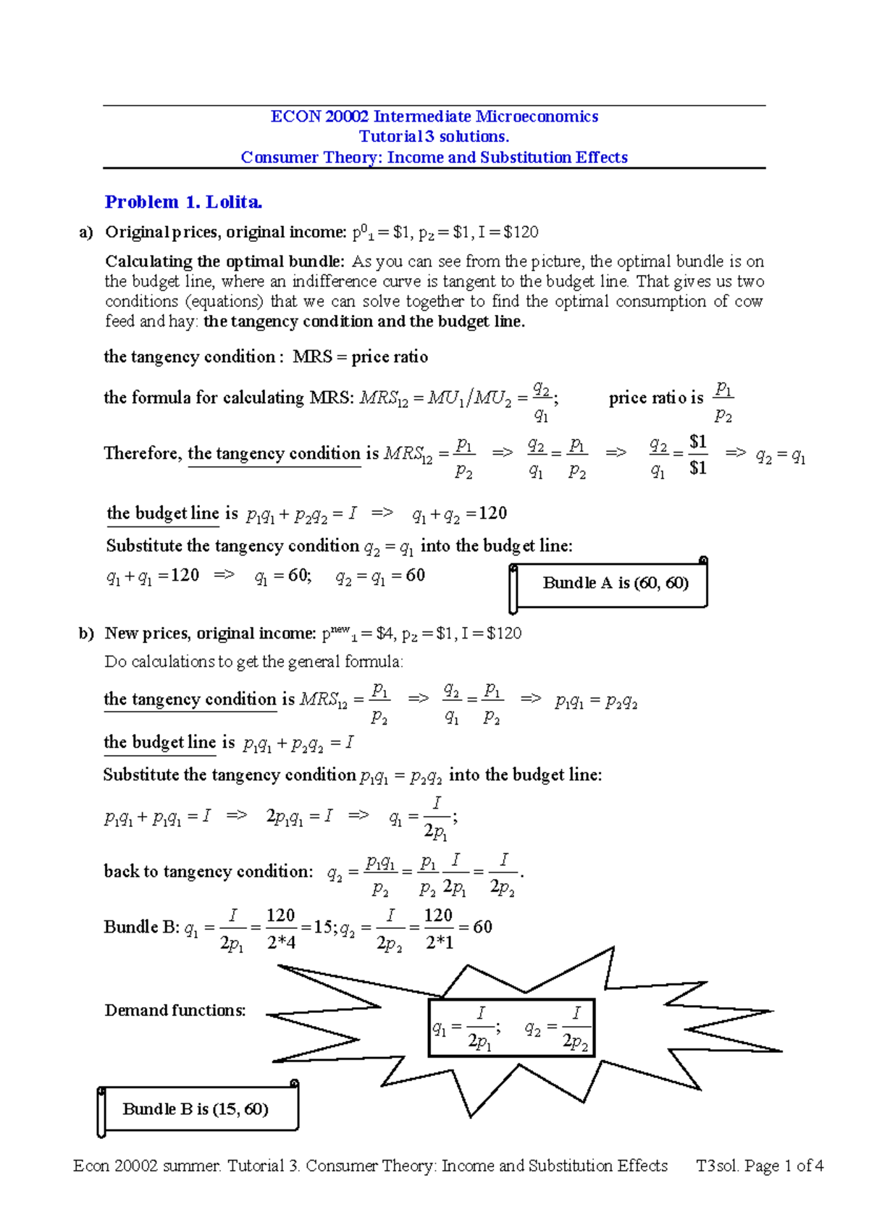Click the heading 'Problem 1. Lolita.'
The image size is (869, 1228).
(x=183, y=202)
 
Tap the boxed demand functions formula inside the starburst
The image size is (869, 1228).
(x=511, y=1027)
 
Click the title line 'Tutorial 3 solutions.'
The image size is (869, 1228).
(x=434, y=137)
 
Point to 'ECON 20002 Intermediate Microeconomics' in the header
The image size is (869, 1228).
(x=434, y=117)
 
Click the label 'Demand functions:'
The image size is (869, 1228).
(x=175, y=1010)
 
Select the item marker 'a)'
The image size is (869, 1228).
(x=86, y=232)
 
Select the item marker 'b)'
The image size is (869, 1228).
(x=86, y=634)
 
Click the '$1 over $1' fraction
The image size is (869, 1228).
(x=697, y=455)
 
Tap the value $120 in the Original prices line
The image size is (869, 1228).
(x=521, y=232)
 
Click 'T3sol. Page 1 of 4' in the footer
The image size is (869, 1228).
(x=759, y=1166)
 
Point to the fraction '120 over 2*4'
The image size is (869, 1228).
(x=281, y=928)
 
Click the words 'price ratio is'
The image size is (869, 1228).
(x=655, y=398)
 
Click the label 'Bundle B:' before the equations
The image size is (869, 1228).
(x=141, y=927)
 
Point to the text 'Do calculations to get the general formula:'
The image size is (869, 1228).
(x=253, y=662)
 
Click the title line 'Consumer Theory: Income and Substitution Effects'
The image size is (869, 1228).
(x=434, y=158)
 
